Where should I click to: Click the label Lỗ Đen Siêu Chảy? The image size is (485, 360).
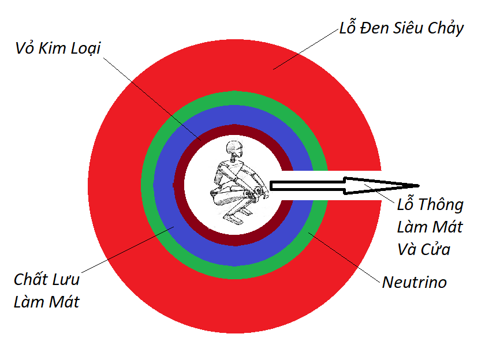(401, 28)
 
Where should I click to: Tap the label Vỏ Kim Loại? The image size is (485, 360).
(58, 48)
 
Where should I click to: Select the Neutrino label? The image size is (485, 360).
(414, 283)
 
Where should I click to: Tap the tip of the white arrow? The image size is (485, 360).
(417, 185)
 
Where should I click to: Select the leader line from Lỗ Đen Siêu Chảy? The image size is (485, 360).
(306, 50)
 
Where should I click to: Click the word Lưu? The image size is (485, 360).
(64, 281)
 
